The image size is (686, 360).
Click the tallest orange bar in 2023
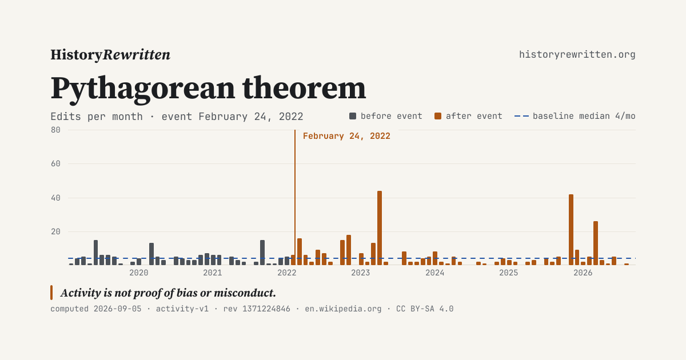380,228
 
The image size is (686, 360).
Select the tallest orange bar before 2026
380,228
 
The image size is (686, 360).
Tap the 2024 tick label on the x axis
434,273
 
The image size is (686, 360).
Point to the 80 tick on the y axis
56,130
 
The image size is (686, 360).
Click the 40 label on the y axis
56,198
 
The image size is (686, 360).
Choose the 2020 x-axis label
139,273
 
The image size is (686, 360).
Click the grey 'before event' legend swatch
353,116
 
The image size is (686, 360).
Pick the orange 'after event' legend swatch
438,116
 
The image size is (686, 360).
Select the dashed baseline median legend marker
521,116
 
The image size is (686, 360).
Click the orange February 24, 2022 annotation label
346,136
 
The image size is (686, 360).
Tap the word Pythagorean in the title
143,89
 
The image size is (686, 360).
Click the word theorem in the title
304,89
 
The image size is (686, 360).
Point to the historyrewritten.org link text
577,55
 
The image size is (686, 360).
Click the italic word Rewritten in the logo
136,55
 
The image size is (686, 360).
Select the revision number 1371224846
266,309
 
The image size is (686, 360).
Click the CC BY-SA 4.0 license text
425,309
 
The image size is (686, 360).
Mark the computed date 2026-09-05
118,309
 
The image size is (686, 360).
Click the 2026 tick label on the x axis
583,273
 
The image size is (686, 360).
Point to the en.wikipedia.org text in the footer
343,309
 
